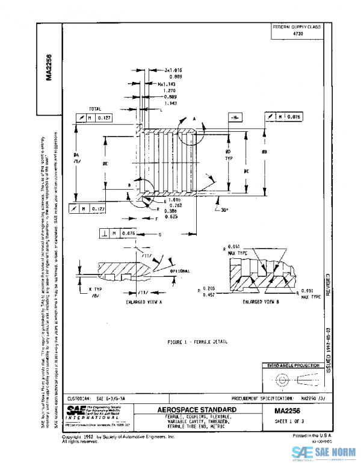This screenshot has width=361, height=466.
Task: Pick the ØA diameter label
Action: pyautogui.click(x=76, y=158)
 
